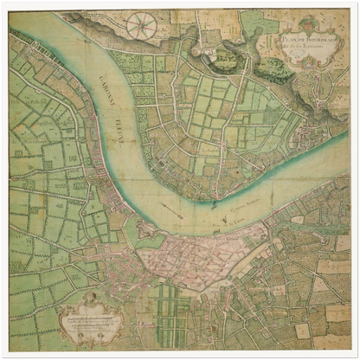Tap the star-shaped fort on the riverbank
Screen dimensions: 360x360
pos(145,232)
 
